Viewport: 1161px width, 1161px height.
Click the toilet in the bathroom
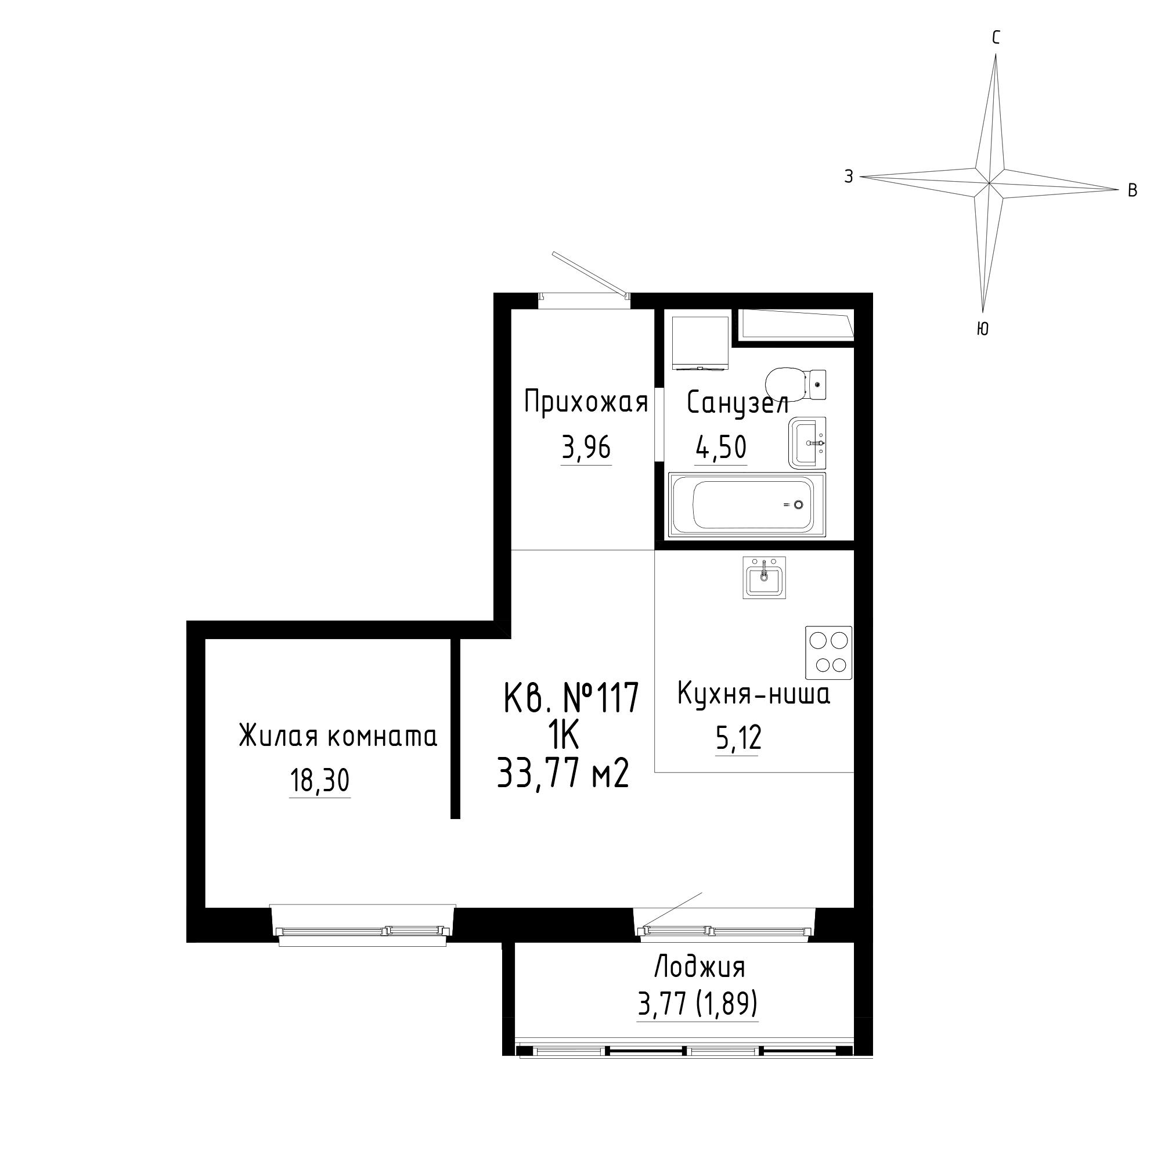[796, 383]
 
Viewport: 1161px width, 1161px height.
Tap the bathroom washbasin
[807, 443]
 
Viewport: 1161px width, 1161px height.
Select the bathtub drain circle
[798, 505]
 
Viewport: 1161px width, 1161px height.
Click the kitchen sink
[765, 578]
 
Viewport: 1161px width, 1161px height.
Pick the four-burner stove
[829, 652]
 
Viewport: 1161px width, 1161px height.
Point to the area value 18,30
[320, 781]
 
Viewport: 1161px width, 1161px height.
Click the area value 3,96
[586, 448]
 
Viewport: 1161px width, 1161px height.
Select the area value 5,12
[738, 738]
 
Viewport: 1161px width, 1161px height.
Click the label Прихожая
[586, 402]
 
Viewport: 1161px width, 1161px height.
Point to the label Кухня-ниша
[753, 694]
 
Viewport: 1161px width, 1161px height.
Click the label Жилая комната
[338, 735]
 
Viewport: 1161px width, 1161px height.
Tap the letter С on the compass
[996, 38]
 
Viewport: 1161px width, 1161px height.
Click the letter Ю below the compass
[983, 328]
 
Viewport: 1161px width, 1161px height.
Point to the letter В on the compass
[1132, 190]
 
